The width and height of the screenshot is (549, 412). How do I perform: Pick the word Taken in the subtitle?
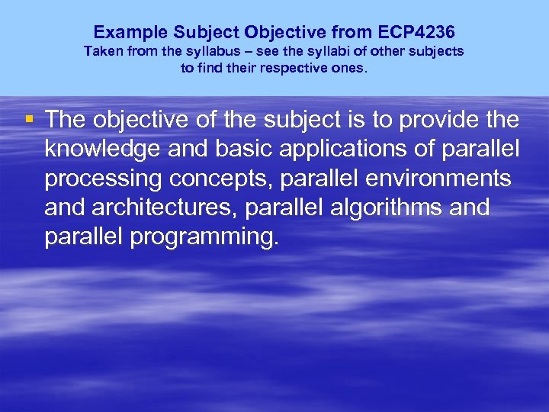coord(102,51)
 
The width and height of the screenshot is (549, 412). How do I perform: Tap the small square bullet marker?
coord(29,119)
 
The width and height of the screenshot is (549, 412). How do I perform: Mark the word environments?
coord(438,179)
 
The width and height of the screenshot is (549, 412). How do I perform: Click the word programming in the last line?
coord(204,237)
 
